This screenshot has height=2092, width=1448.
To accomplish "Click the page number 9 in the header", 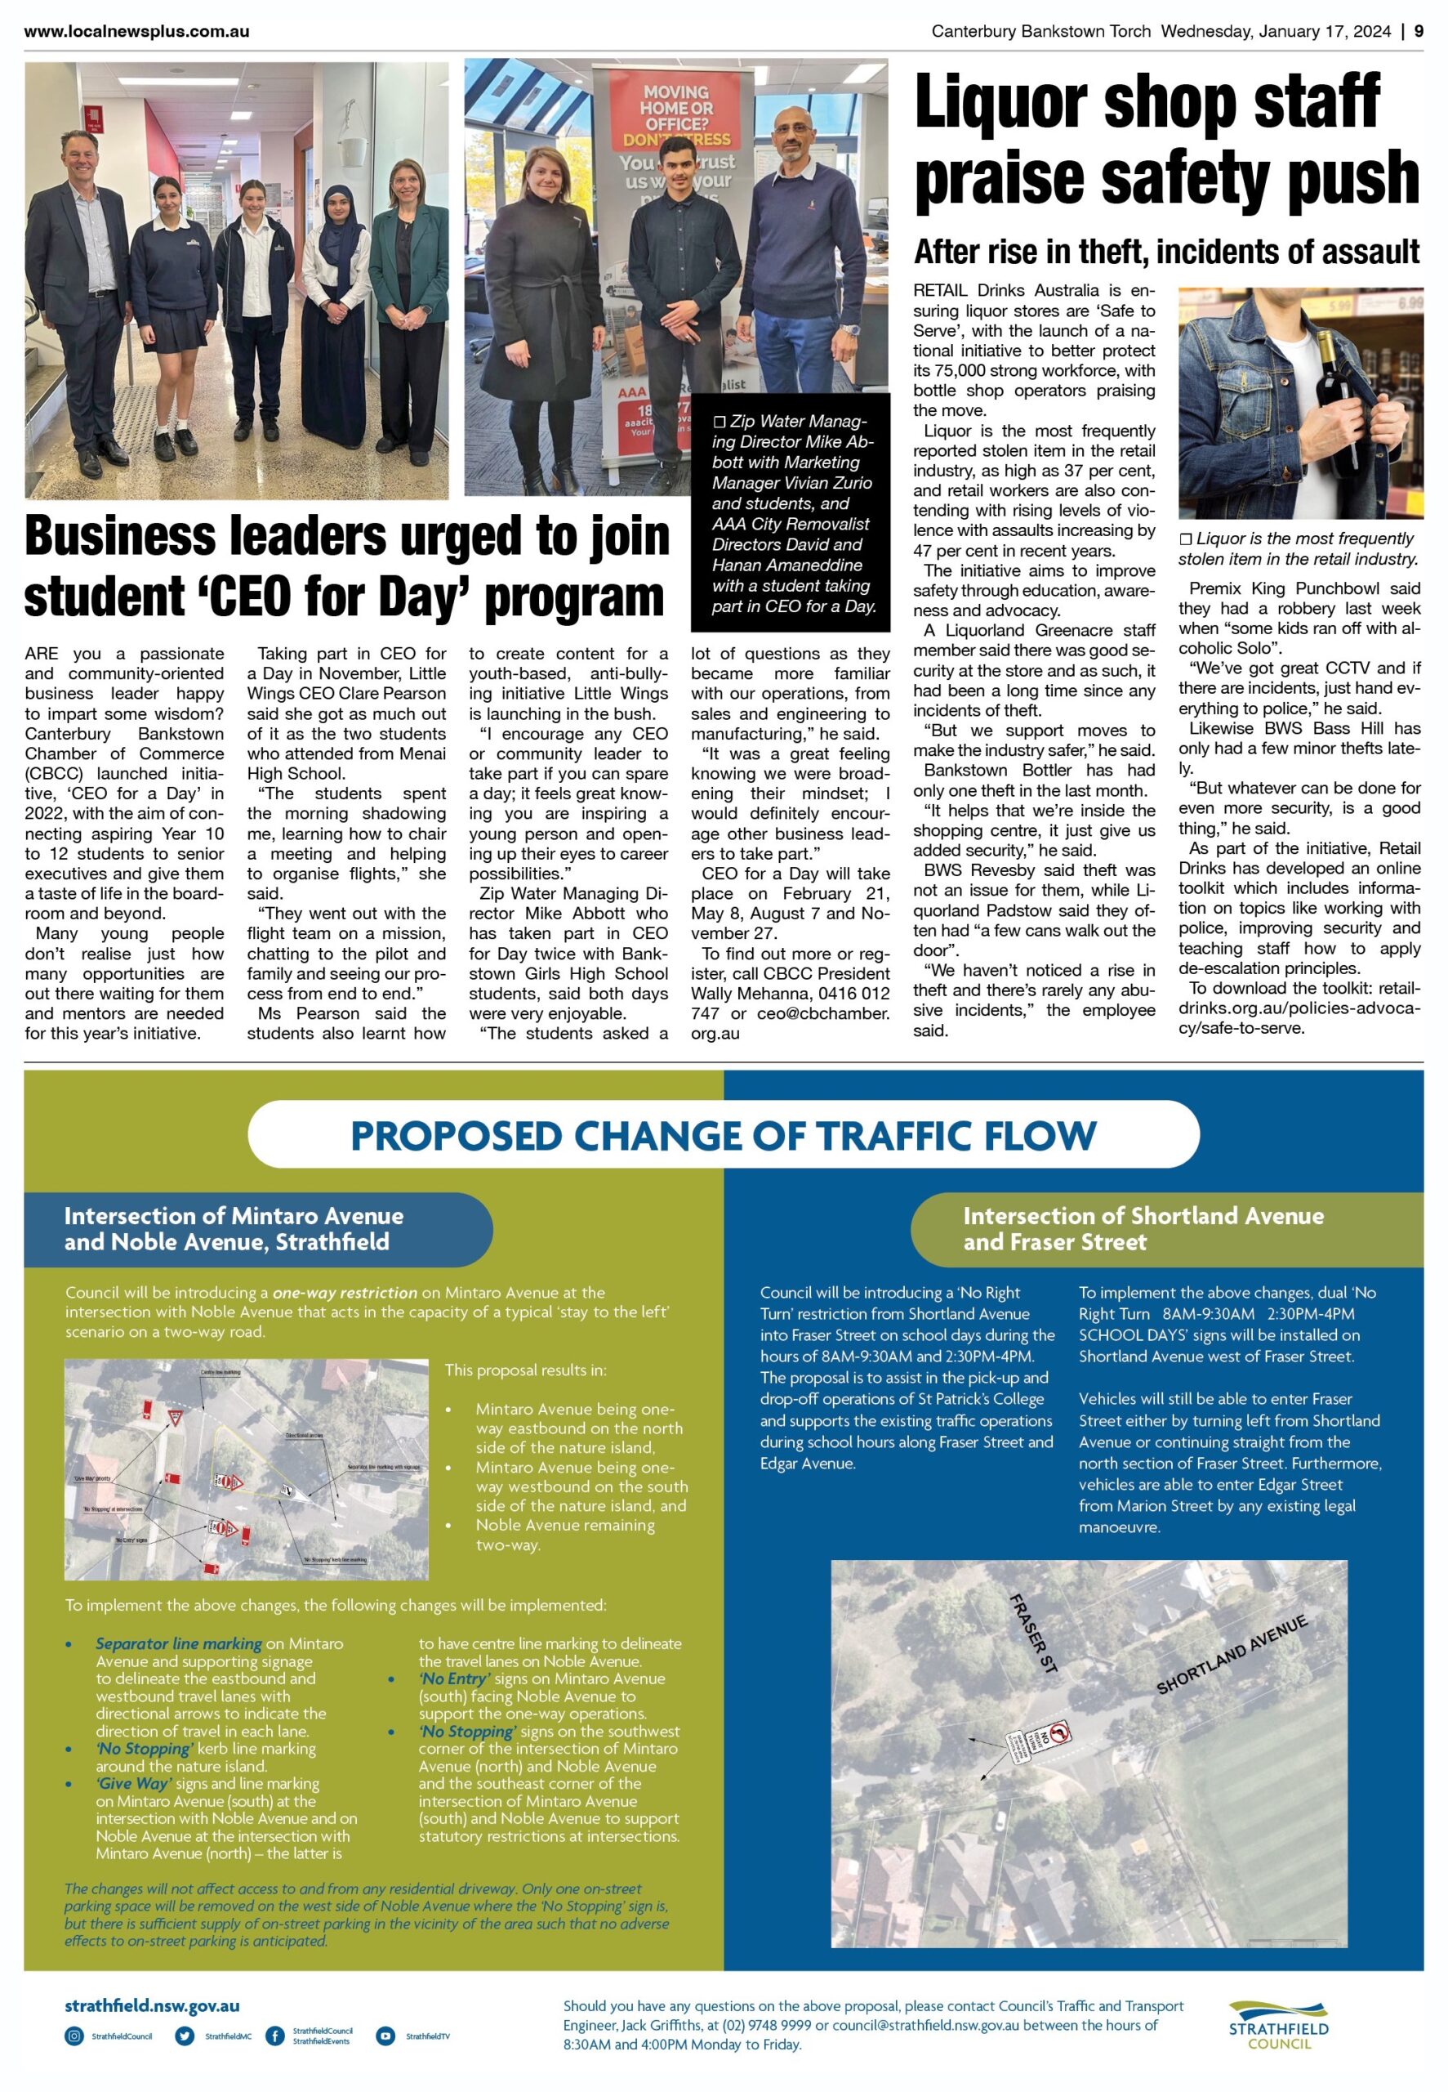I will (x=1418, y=32).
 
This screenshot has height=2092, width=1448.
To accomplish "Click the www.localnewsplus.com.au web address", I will (x=137, y=32).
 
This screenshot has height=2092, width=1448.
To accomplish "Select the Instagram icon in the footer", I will (x=74, y=2036).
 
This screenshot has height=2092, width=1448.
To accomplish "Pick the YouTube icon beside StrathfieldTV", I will (x=385, y=2036).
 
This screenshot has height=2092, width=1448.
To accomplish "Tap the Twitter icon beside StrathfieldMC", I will (x=185, y=2036).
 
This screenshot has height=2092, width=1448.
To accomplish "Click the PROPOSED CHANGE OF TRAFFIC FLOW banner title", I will (x=723, y=1135).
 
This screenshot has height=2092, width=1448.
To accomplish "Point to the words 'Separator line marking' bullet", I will (x=179, y=1643).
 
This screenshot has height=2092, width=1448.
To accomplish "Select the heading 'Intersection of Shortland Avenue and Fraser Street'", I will (x=1143, y=1229).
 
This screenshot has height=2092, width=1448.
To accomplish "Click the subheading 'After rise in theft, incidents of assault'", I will (x=1167, y=252).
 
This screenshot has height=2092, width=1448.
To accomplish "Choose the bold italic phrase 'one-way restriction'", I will (x=345, y=1293).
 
